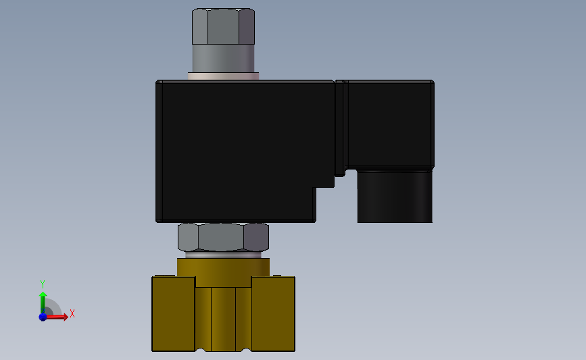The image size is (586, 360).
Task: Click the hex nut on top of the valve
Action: pos(223,26)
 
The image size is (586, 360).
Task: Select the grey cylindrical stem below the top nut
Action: pos(223,59)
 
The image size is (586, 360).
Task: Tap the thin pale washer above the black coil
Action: pos(223,76)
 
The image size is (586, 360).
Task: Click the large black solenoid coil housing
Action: pos(239,149)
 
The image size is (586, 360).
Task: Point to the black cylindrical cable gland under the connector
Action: pos(395,197)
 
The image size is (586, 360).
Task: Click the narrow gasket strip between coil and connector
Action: pos(339,128)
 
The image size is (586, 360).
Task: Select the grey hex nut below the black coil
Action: pos(223,237)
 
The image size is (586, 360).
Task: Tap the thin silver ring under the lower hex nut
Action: pos(223,255)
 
